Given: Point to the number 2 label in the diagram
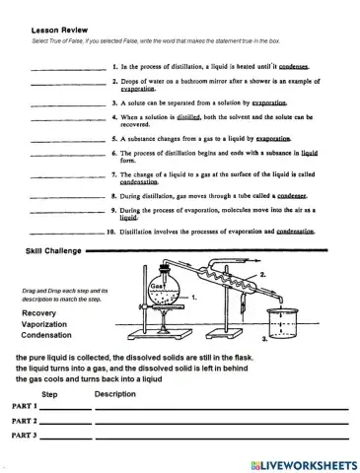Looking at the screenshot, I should tap(262, 275).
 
